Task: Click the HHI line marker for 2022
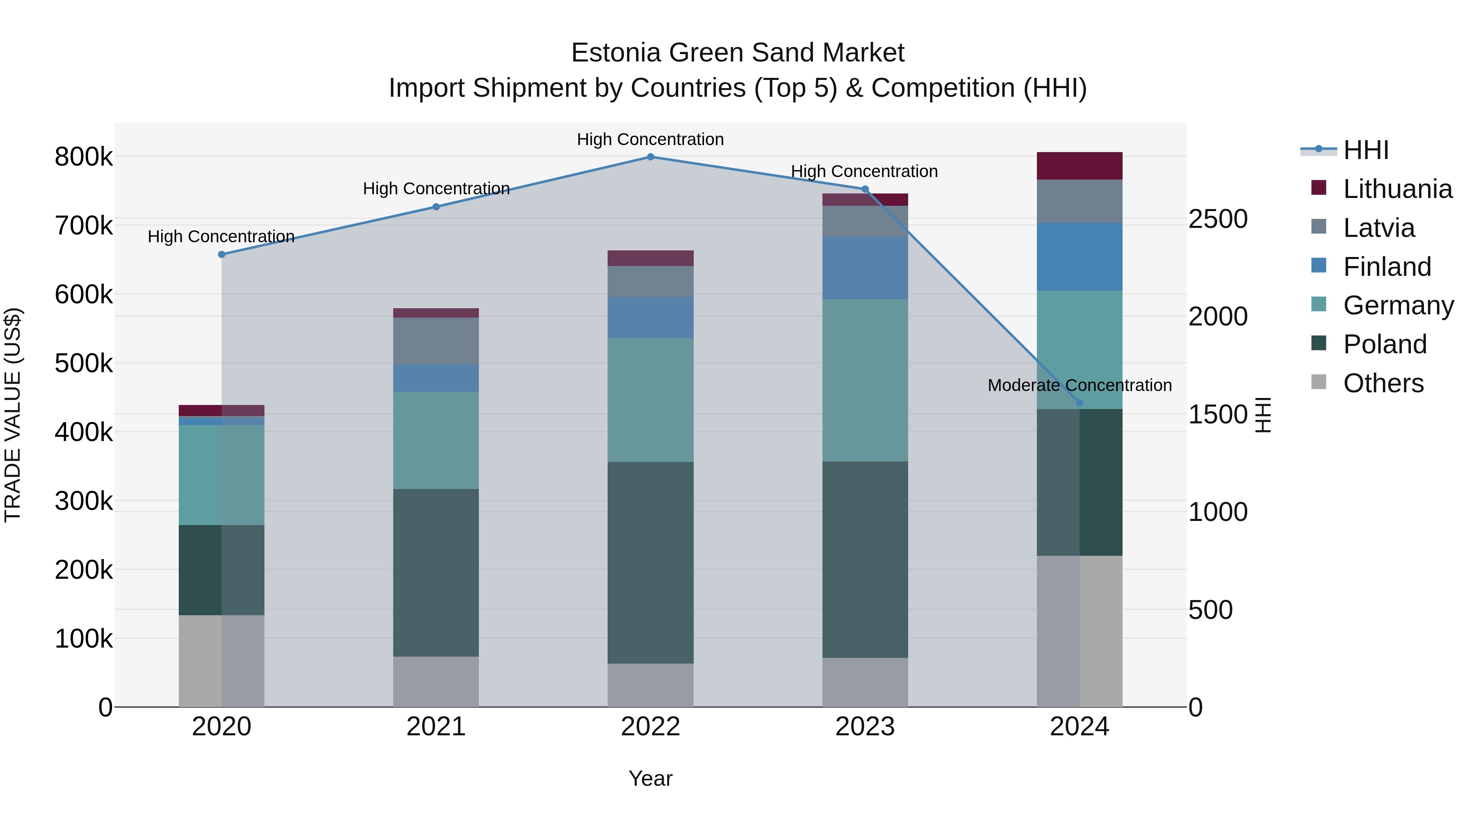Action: [x=650, y=157]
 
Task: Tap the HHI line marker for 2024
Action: [x=1080, y=402]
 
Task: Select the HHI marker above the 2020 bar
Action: [x=222, y=254]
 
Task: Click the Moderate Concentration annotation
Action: [x=1080, y=386]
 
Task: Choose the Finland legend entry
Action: [x=1387, y=267]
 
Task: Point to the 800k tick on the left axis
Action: [x=84, y=157]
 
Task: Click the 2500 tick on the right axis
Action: [x=1218, y=219]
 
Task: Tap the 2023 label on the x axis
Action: [x=865, y=726]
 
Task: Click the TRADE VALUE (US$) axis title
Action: [x=13, y=415]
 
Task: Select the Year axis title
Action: [x=650, y=778]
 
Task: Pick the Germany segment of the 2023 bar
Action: [x=865, y=380]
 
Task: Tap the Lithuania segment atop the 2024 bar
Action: [x=1080, y=166]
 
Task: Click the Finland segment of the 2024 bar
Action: [x=1080, y=257]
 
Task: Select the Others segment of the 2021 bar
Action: [x=435, y=681]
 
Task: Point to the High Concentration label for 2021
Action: [x=436, y=189]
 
